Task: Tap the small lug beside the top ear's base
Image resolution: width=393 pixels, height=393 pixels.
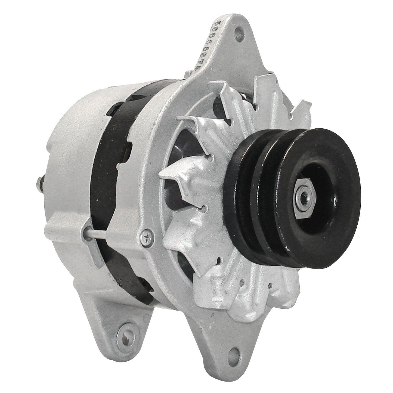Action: point(190,73)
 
